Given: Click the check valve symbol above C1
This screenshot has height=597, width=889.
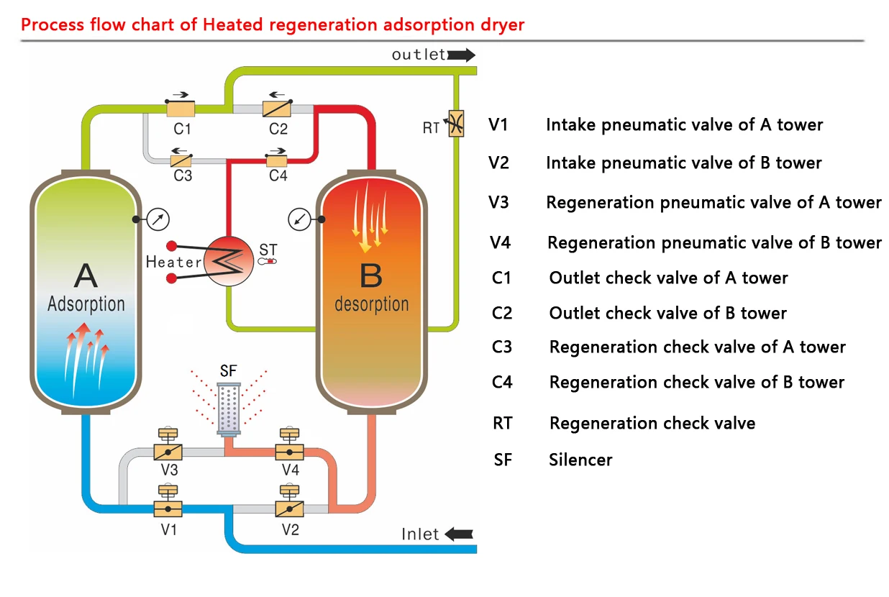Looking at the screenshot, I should [x=181, y=109].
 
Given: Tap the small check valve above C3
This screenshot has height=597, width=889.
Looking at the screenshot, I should [x=181, y=160].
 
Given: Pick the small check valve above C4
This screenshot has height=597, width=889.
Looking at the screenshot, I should [x=277, y=160].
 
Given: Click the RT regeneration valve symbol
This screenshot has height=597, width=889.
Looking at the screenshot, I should [x=455, y=124].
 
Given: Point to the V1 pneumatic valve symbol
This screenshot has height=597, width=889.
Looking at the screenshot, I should [x=168, y=507].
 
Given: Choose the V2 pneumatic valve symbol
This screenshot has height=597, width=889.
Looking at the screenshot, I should [x=290, y=507].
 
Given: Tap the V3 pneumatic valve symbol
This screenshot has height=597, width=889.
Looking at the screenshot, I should [x=168, y=452].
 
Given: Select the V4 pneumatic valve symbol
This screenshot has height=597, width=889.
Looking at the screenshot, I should [x=290, y=452].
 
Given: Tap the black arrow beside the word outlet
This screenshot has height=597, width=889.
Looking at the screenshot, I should [x=460, y=55].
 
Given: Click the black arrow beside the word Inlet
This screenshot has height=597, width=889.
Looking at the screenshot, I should [x=460, y=534].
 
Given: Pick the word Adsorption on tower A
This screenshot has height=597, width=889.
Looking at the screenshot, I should [x=86, y=304].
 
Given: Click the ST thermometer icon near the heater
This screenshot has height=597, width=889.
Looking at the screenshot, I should [x=268, y=261].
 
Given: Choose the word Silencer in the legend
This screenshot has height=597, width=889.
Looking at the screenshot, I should [x=580, y=459].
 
